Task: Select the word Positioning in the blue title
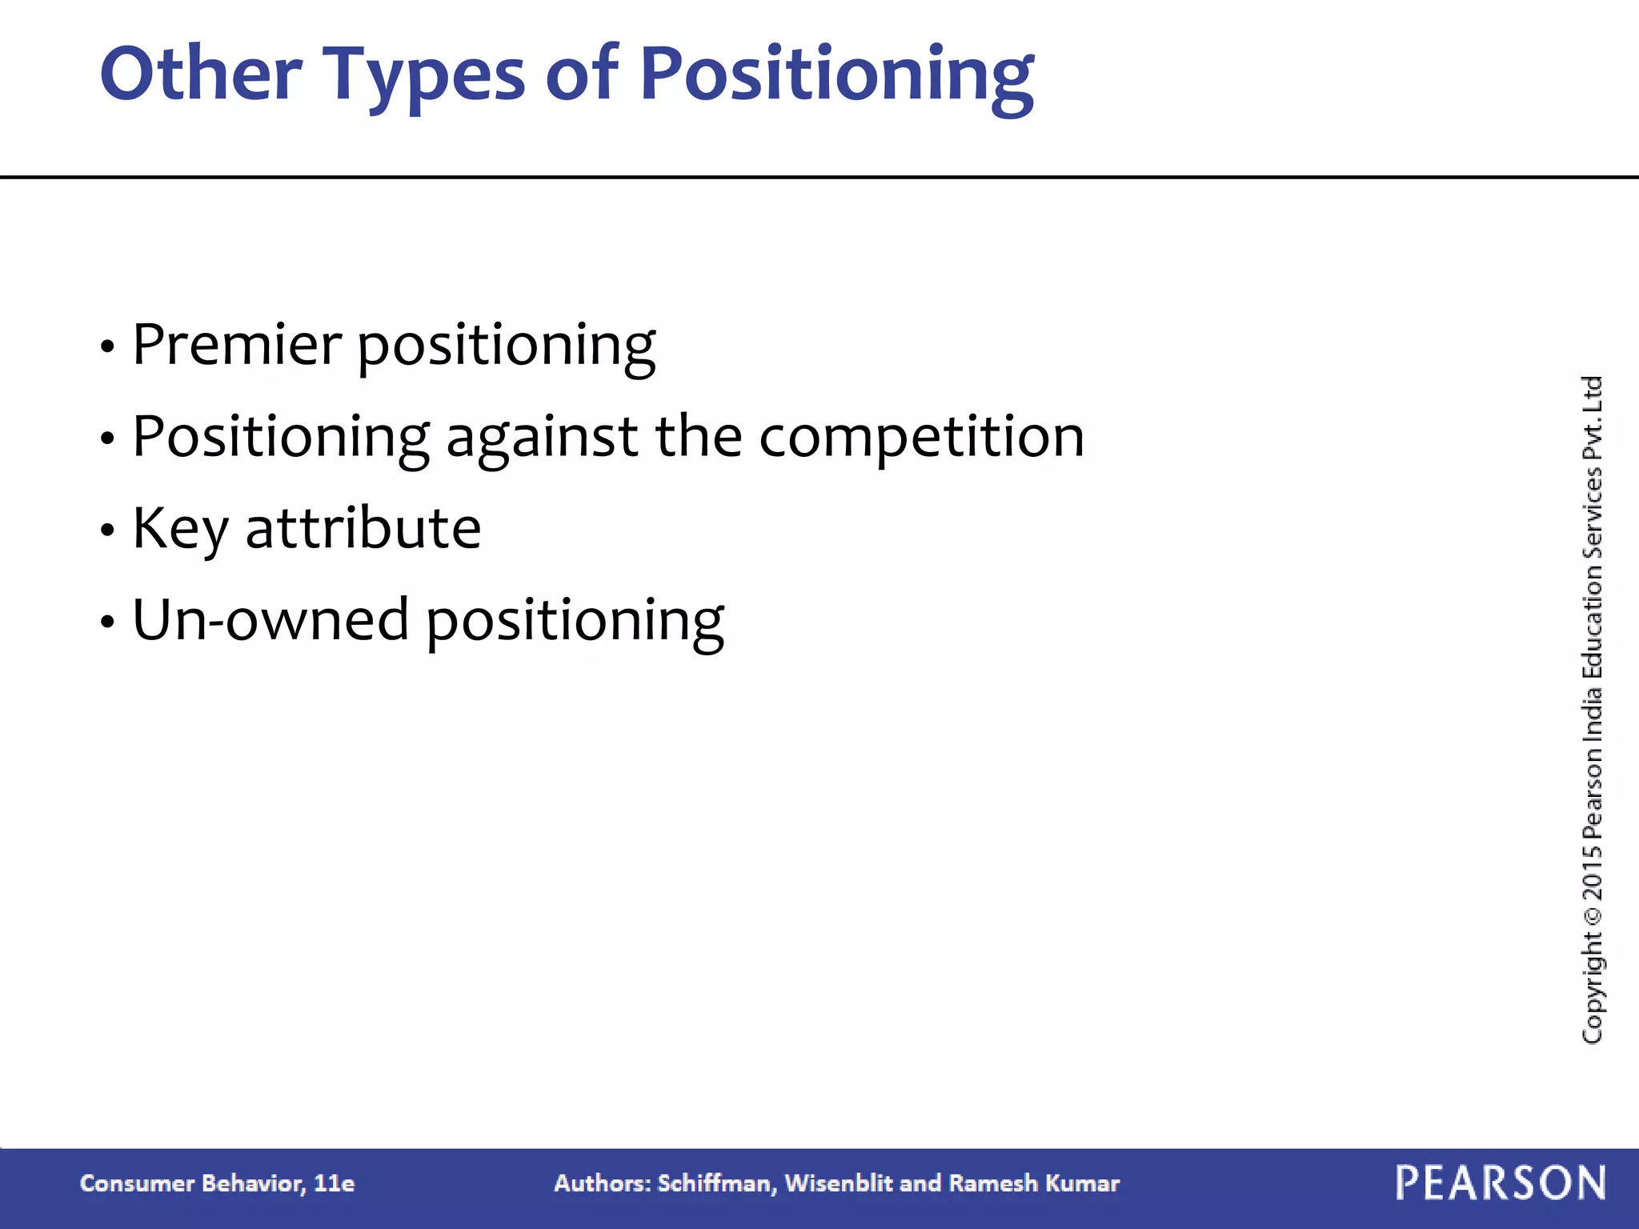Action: pyautogui.click(x=836, y=75)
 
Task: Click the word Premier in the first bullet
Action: pyautogui.click(x=237, y=345)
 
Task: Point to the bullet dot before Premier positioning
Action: pyautogui.click(x=107, y=348)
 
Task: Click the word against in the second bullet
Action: pyautogui.click(x=541, y=438)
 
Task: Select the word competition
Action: pyautogui.click(x=921, y=438)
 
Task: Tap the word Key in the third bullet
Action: pyautogui.click(x=180, y=530)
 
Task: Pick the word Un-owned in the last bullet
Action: pyautogui.click(x=270, y=620)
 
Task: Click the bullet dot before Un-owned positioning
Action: pyautogui.click(x=107, y=623)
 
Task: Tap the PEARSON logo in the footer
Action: pyautogui.click(x=1501, y=1183)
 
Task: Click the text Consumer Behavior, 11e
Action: pyautogui.click(x=217, y=1183)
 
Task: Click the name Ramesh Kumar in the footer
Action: pyautogui.click(x=1034, y=1183)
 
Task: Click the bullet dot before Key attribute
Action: pyautogui.click(x=107, y=531)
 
